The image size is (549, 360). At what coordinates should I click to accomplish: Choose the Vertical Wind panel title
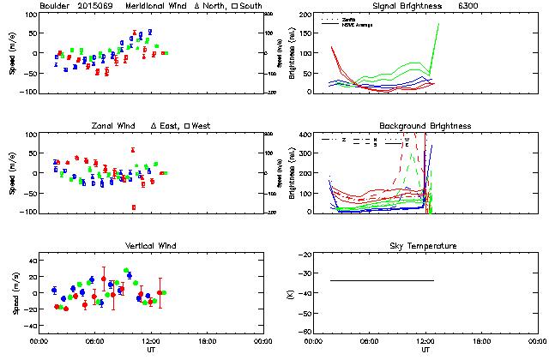[148, 246]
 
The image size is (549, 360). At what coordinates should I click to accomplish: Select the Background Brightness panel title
[425, 127]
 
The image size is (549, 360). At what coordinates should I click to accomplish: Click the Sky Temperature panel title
[425, 246]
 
